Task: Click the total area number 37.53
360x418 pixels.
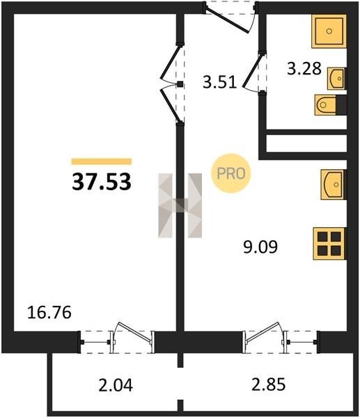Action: (102, 182)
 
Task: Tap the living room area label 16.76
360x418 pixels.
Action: (49, 312)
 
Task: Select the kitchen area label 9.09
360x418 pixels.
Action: (260, 247)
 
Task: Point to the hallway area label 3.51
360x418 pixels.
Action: (219, 82)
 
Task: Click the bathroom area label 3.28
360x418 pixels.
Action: (304, 68)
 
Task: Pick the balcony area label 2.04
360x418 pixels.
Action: (116, 385)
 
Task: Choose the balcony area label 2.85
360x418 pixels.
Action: (268, 385)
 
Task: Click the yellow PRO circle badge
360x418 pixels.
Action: (231, 173)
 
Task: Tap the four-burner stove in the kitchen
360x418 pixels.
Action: (329, 244)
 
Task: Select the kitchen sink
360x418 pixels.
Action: (334, 185)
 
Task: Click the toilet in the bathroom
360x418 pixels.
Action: (331, 105)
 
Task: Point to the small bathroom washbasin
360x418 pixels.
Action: (337, 78)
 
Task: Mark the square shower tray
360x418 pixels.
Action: (329, 31)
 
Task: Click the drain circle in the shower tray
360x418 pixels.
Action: (329, 31)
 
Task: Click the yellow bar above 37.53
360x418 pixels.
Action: (102, 162)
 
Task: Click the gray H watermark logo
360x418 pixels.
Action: (180, 206)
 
